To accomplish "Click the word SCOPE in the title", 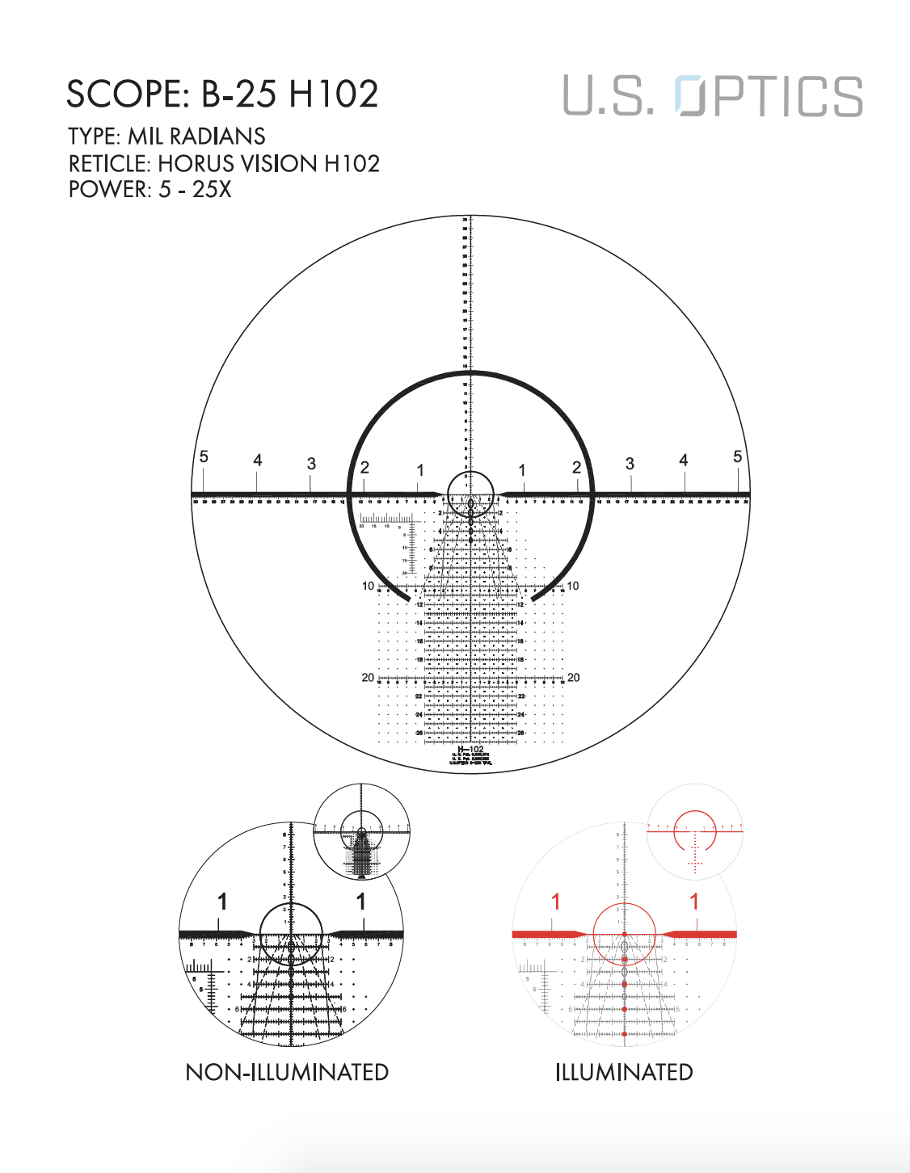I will click(x=126, y=95).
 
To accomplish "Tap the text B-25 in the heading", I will click(x=238, y=95).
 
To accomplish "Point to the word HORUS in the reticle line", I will click(x=192, y=164).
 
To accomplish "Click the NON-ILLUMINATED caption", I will click(x=287, y=1072).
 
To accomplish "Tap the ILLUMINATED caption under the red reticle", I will click(x=624, y=1072).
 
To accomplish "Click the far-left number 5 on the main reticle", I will click(x=204, y=457).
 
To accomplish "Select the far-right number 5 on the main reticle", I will click(x=737, y=457).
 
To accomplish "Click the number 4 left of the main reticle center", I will click(x=257, y=460).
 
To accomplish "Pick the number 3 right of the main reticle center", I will click(x=630, y=464).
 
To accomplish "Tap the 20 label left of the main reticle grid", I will click(x=368, y=678).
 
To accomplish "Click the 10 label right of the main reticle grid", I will click(x=573, y=586).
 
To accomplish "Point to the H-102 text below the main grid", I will click(x=470, y=750).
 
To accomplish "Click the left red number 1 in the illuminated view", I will click(x=555, y=902).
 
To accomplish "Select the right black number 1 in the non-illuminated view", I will click(x=361, y=902).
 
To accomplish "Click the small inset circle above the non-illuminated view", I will click(x=361, y=830).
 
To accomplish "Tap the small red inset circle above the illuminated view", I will click(x=695, y=830).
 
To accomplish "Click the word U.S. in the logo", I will click(x=608, y=97).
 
